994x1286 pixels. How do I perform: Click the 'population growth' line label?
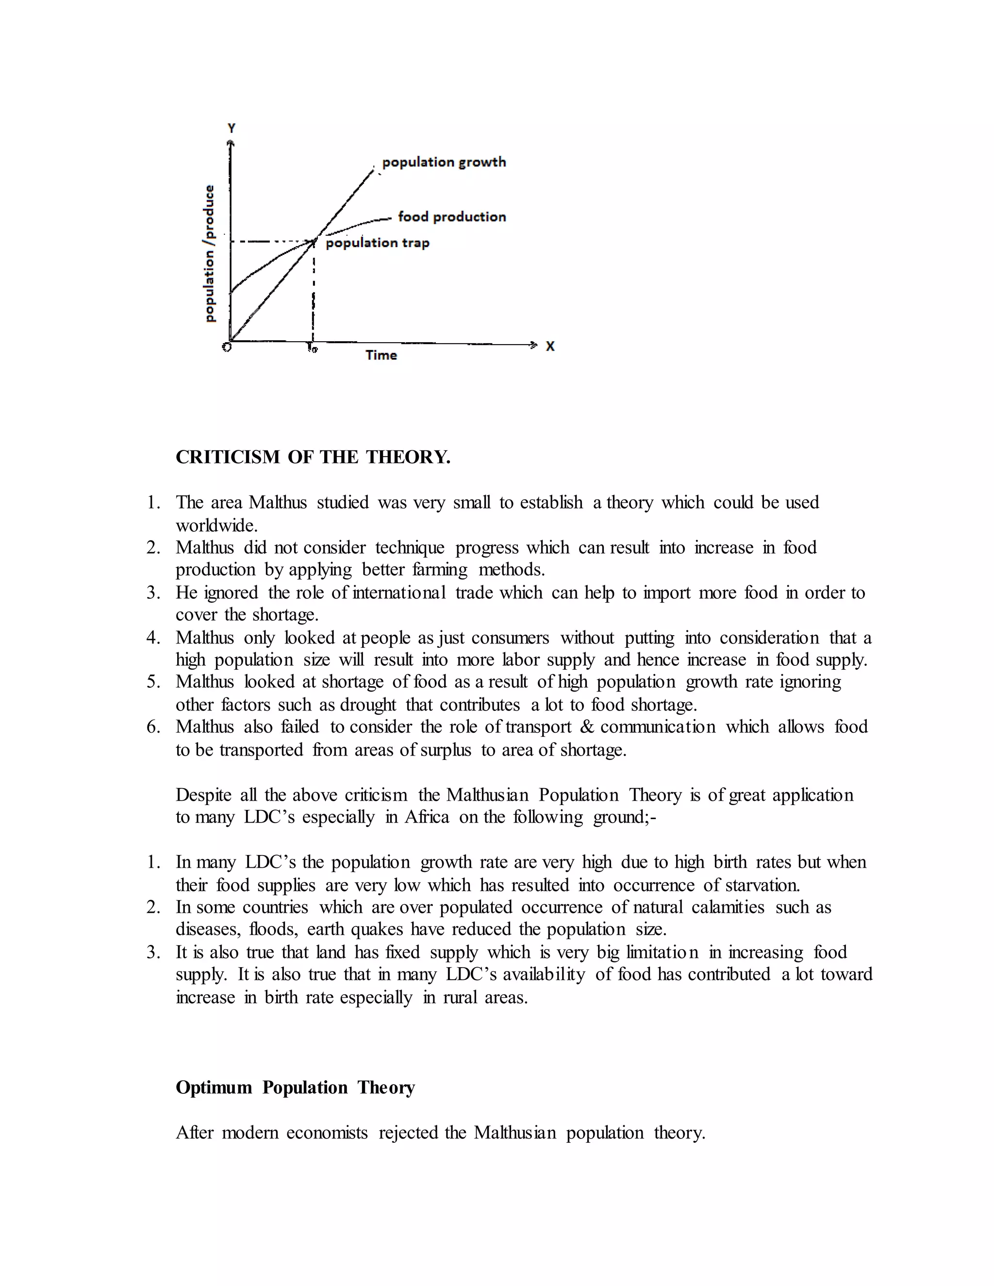(x=444, y=162)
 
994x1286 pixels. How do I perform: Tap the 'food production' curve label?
(x=452, y=217)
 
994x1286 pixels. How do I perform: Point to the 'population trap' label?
(x=378, y=243)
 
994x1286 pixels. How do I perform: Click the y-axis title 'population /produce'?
(x=210, y=254)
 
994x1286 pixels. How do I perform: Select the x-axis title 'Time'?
(x=381, y=355)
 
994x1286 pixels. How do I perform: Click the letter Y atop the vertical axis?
(x=232, y=128)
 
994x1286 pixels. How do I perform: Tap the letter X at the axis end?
(x=550, y=346)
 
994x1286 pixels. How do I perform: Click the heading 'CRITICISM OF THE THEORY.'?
(x=313, y=457)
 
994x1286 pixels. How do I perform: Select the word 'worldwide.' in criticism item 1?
(x=216, y=525)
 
